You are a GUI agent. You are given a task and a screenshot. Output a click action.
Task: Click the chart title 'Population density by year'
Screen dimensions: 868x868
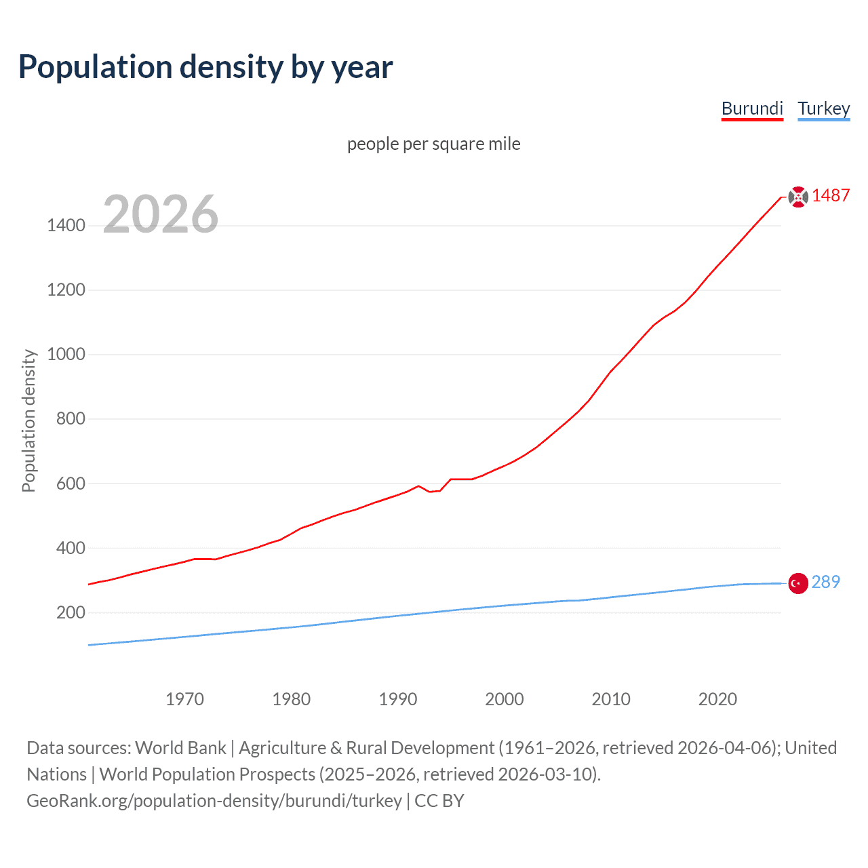coord(205,67)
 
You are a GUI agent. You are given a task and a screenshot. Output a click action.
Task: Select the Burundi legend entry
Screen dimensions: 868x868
coord(752,108)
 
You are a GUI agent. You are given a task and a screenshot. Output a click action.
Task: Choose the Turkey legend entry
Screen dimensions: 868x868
coord(823,108)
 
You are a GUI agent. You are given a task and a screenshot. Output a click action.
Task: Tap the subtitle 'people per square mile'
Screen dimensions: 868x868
coord(433,144)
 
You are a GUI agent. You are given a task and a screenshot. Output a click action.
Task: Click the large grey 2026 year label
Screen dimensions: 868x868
coord(161,214)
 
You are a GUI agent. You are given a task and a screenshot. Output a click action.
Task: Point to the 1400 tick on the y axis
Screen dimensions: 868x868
coord(66,225)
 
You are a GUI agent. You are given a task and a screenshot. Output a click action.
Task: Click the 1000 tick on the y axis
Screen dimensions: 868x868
coord(66,354)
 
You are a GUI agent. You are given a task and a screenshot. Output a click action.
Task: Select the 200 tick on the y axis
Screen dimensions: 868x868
coord(71,612)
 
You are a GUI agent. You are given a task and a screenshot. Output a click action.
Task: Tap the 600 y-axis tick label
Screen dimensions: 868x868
coord(71,484)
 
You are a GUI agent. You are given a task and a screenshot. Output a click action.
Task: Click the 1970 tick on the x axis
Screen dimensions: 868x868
coord(184,699)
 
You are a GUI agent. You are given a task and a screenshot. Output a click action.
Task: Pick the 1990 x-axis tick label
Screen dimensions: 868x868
coord(398,699)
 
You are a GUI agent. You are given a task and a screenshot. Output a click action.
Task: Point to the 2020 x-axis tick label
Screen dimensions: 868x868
coord(717,699)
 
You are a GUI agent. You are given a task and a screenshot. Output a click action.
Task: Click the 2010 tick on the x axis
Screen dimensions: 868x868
coord(611,699)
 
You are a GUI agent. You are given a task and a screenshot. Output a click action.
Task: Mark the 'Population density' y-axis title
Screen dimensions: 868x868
coord(28,420)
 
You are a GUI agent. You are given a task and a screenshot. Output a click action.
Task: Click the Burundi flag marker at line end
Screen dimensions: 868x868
coord(798,197)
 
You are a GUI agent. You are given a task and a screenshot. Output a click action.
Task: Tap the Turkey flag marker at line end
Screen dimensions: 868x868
coord(798,583)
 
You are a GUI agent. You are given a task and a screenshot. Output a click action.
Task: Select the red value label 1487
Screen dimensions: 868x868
coord(831,196)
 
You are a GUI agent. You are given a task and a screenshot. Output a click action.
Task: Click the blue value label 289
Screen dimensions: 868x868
coord(825,582)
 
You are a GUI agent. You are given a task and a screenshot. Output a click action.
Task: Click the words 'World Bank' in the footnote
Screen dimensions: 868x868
coord(180,748)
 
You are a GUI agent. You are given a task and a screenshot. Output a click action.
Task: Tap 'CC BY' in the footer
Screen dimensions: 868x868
coord(439,801)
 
